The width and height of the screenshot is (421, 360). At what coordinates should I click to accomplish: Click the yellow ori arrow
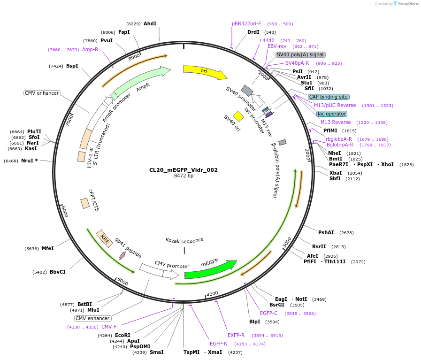204,71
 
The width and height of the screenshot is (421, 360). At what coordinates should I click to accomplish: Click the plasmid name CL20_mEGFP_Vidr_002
184,170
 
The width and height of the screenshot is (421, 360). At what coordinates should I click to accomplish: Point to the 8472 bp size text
184,176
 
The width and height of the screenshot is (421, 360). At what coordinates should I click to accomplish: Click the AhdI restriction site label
150,23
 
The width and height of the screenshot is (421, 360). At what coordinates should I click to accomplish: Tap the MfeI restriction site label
47,248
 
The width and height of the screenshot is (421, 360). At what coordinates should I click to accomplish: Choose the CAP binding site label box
329,97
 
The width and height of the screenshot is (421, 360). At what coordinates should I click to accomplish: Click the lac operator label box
332,114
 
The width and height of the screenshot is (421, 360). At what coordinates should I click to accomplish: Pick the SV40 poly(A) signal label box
300,54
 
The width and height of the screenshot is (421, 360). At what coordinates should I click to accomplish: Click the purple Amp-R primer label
90,49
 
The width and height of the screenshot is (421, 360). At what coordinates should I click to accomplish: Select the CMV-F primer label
109,327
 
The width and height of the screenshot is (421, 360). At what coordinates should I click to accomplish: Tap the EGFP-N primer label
219,344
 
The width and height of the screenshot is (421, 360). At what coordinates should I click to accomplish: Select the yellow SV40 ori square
238,116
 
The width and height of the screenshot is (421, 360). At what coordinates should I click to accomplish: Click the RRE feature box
105,238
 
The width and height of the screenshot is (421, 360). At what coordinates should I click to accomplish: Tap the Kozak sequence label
184,240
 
